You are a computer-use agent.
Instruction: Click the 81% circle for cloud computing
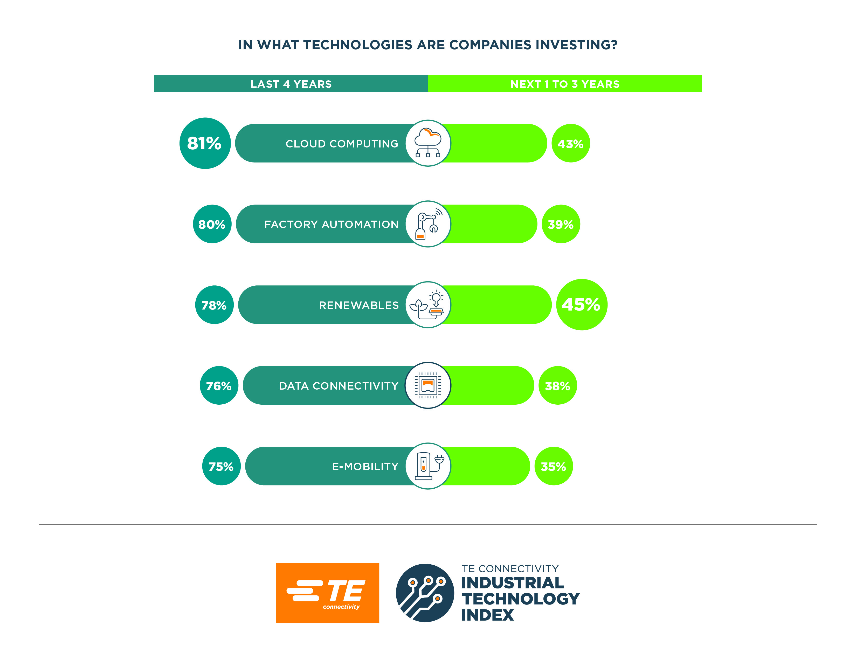pyautogui.click(x=205, y=143)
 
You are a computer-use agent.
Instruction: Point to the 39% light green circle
pyautogui.click(x=561, y=224)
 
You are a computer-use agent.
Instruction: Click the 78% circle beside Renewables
pyautogui.click(x=214, y=305)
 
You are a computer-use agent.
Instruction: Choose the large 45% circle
pyautogui.click(x=582, y=305)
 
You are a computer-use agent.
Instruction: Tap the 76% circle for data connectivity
pyautogui.click(x=219, y=386)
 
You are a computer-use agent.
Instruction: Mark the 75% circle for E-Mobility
pyautogui.click(x=221, y=466)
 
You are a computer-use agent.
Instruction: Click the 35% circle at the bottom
pyautogui.click(x=554, y=466)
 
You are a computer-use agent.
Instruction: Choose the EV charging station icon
pyautogui.click(x=428, y=466)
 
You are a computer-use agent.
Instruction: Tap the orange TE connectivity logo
pyautogui.click(x=327, y=593)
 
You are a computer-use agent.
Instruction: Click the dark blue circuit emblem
pyautogui.click(x=425, y=593)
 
